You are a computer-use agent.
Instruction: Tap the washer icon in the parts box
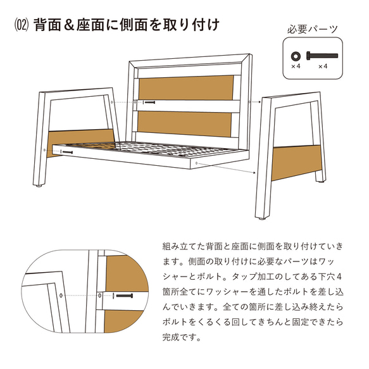(295, 55)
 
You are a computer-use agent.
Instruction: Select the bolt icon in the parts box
(318, 55)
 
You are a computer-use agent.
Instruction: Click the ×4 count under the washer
(295, 66)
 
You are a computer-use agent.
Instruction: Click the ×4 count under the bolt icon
(322, 66)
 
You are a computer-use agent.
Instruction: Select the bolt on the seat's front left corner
(66, 152)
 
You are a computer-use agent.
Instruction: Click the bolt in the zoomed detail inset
(123, 296)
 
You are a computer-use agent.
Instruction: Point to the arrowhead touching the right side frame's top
(260, 101)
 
